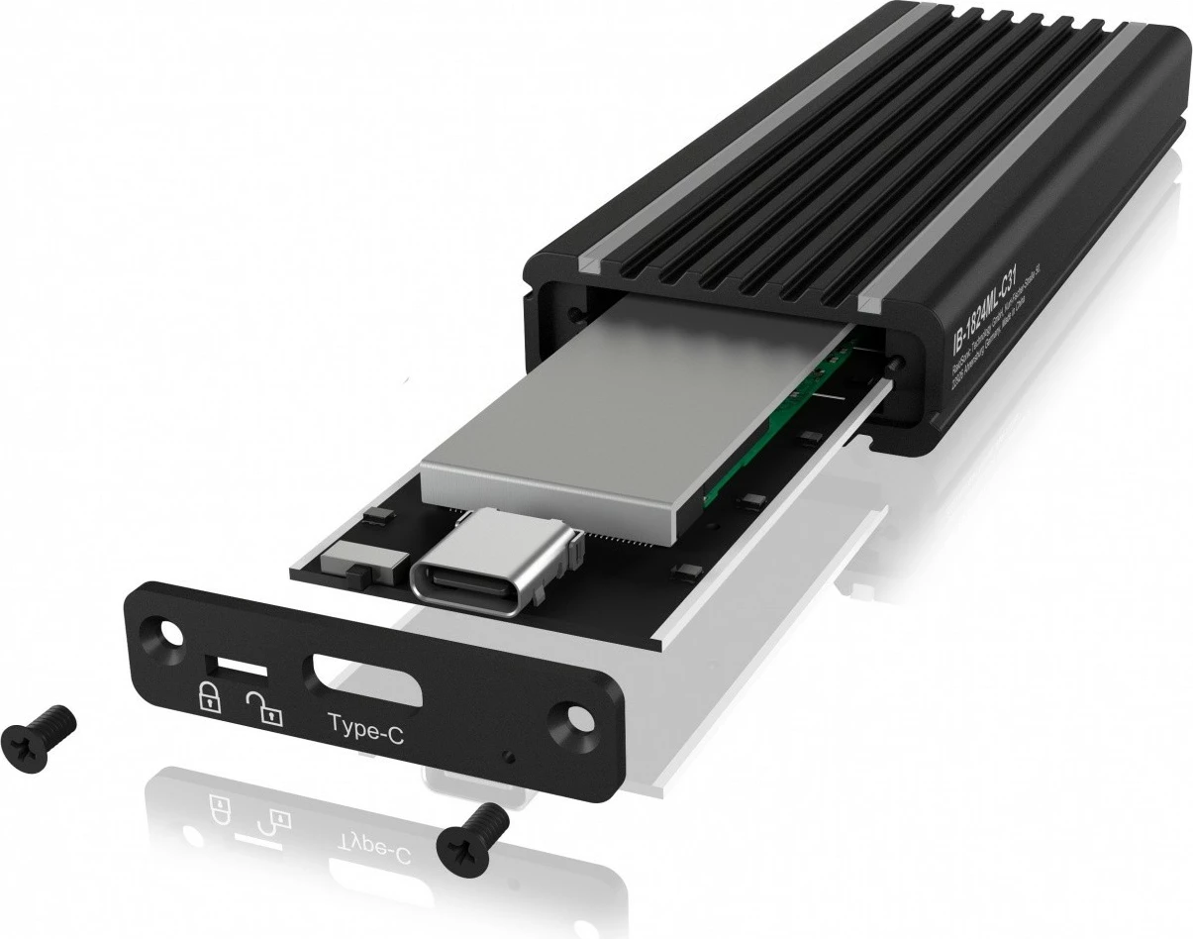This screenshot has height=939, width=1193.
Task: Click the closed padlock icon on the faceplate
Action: coord(211,696)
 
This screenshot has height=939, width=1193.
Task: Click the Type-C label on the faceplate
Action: coord(366,732)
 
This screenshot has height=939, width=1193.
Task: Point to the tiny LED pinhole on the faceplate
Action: coord(509,758)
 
